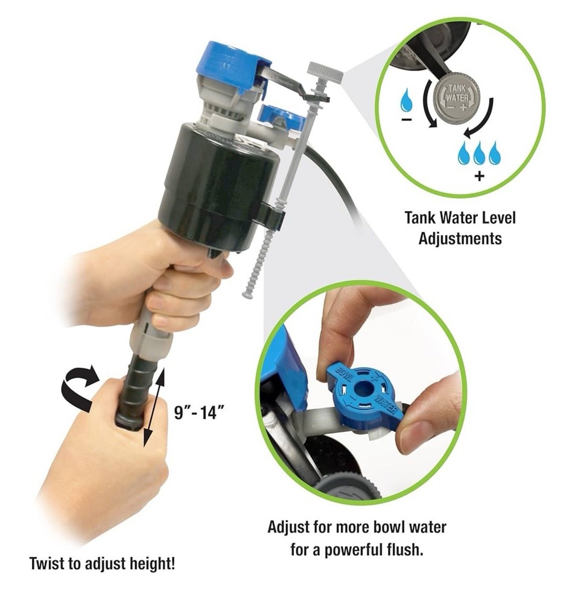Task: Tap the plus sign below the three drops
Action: (x=479, y=176)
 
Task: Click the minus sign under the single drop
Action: (x=406, y=120)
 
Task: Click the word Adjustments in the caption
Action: (x=460, y=239)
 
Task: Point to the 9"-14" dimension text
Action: (x=199, y=413)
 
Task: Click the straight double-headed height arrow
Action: (x=154, y=407)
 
